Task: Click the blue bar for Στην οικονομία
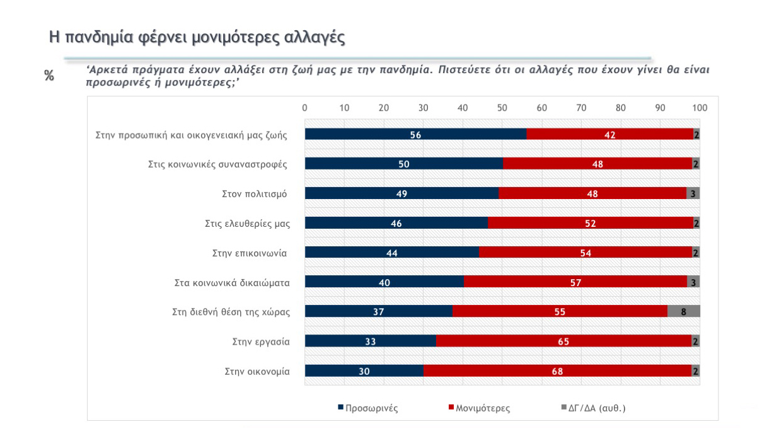coord(364,371)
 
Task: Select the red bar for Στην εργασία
coord(563,341)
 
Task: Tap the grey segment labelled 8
coord(683,312)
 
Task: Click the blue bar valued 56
coord(415,134)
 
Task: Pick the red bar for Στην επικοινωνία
coord(585,253)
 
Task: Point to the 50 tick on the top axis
coord(502,108)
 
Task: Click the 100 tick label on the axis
coord(700,108)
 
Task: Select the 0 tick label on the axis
coord(305,108)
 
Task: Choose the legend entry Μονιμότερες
coord(479,408)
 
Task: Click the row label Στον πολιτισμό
coord(250,193)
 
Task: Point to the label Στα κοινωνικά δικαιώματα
coord(231,282)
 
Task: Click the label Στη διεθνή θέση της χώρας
coord(231,312)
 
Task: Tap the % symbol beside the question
coord(49,76)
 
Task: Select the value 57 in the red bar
coord(575,282)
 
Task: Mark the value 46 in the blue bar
coord(396,223)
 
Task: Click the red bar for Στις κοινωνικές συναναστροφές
coord(597,164)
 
